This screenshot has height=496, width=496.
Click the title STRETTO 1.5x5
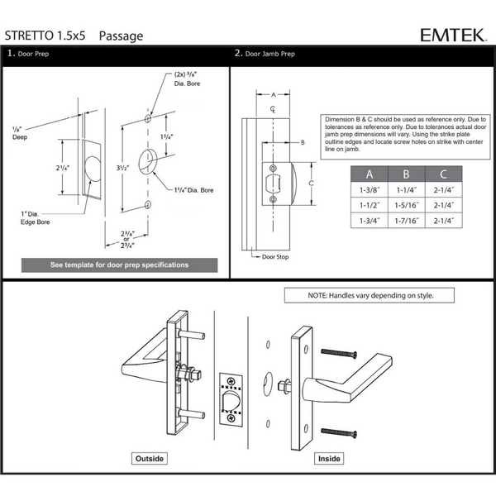point(49,36)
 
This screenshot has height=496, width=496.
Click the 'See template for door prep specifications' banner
point(119,265)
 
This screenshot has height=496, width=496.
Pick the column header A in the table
point(369,174)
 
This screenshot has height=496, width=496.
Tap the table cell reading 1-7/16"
point(406,221)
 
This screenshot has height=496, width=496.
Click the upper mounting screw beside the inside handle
point(341,353)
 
